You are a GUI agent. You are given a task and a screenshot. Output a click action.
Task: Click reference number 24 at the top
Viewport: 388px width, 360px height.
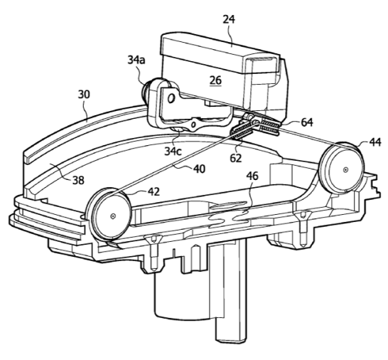pyautogui.click(x=229, y=19)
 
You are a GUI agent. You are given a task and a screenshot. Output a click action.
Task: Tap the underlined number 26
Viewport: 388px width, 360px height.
pyautogui.click(x=215, y=80)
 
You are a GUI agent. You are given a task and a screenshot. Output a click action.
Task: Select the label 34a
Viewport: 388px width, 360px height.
pyautogui.click(x=136, y=60)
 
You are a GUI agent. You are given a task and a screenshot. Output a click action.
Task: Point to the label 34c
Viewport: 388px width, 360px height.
pyautogui.click(x=173, y=151)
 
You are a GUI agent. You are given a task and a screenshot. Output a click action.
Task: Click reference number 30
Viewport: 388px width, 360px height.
pyautogui.click(x=84, y=95)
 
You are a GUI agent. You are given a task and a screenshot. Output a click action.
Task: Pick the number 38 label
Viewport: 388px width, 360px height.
pyautogui.click(x=78, y=181)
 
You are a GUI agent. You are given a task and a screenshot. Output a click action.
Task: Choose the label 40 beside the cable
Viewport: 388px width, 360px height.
pyautogui.click(x=200, y=169)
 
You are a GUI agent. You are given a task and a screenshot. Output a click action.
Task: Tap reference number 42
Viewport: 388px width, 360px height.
pyautogui.click(x=153, y=192)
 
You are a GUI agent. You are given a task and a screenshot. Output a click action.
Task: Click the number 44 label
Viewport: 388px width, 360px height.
pyautogui.click(x=375, y=142)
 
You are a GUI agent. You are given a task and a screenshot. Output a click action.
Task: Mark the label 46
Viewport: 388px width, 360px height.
pyautogui.click(x=252, y=176)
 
